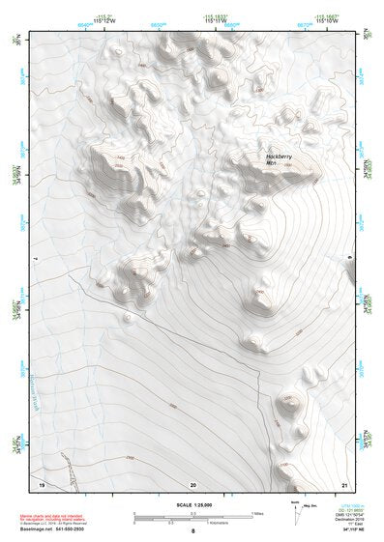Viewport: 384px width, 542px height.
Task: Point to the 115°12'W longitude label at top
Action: point(84,23)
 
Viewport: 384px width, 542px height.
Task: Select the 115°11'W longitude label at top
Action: point(207,23)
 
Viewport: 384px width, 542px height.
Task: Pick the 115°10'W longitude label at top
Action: point(329,23)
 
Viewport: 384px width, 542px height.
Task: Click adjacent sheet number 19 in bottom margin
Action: point(41,483)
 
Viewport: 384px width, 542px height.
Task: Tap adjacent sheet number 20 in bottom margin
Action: point(193,483)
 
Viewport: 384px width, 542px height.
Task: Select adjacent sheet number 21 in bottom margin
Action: point(345,483)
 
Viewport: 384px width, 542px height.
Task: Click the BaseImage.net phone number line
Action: point(56,530)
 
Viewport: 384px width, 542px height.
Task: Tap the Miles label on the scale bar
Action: point(258,513)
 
